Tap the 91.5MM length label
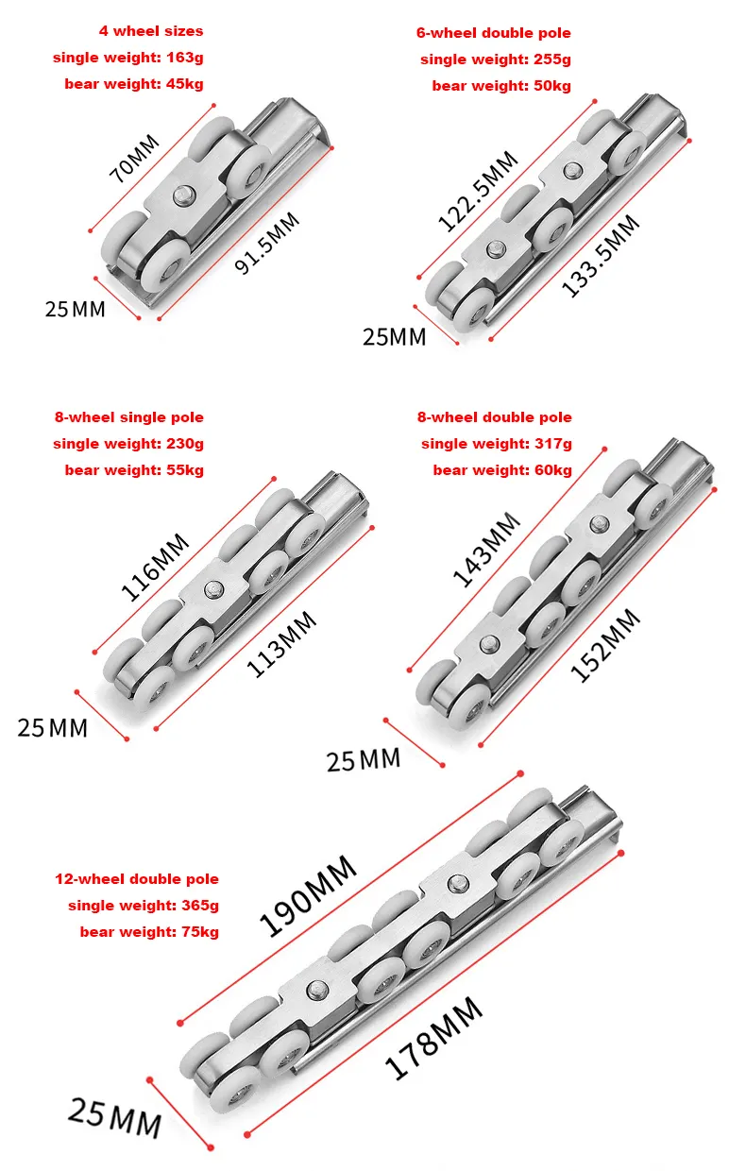pos(266,245)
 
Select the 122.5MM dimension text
pos(478,191)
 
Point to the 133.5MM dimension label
pos(601,256)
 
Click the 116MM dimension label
pos(155,567)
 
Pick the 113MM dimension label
pos(281,644)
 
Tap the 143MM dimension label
pos(486,550)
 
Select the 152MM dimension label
pos(604,645)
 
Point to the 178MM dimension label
pos(433,1039)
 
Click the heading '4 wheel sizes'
pos(150,31)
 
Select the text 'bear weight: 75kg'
pos(149,932)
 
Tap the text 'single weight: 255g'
pos(496,59)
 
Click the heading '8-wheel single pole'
pos(129,417)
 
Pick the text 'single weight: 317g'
pos(497,444)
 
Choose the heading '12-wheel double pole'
pos(137,879)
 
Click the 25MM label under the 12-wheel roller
pos(114,1118)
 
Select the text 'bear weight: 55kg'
pos(134,470)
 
